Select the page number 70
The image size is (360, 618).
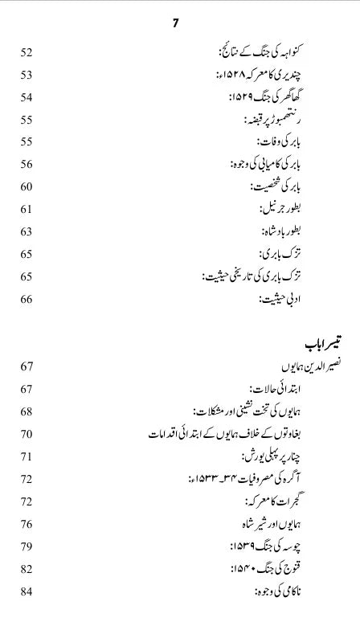coord(27,434)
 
